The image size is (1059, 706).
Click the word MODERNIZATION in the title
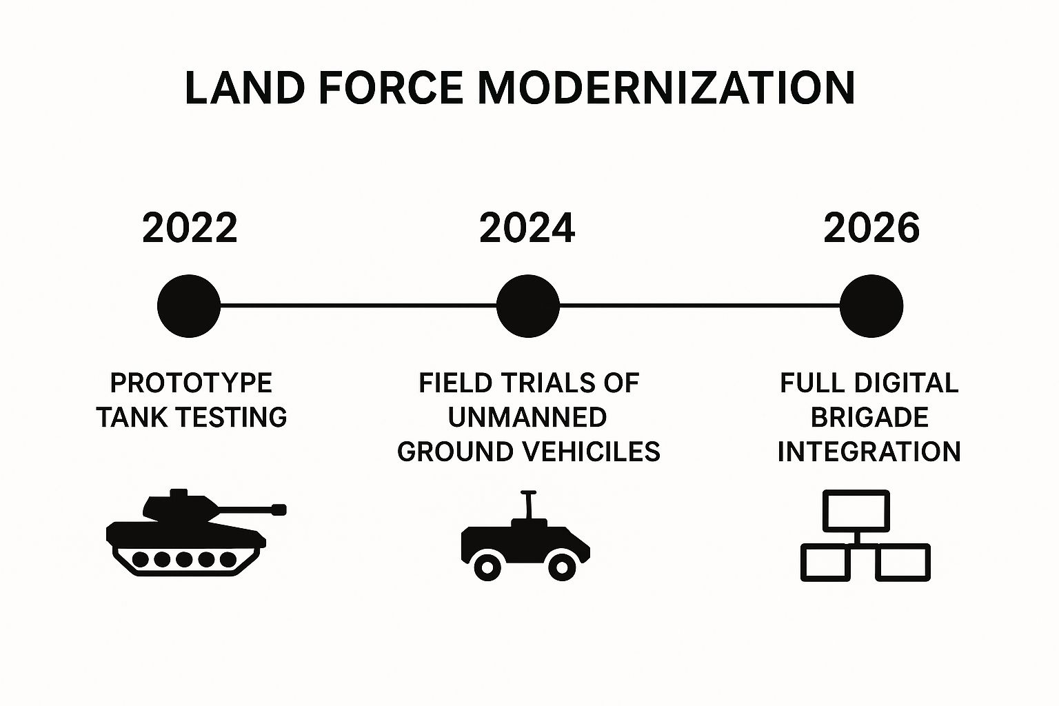tap(666, 88)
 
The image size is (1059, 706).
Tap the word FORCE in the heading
tap(391, 88)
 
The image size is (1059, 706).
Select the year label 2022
tap(190, 228)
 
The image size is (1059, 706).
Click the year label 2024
tap(527, 228)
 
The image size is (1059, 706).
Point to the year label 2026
tap(871, 228)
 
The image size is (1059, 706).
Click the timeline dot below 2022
tap(189, 306)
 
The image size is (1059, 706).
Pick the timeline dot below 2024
tap(528, 306)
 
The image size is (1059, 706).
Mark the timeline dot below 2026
tap(871, 306)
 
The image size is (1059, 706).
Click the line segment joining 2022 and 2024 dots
tap(359, 306)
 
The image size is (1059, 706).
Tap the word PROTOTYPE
tap(192, 383)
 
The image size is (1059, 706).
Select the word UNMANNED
tap(527, 418)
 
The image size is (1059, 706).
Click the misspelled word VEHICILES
tap(592, 452)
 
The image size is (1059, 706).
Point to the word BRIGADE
tap(869, 418)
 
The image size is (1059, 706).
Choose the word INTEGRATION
tap(869, 452)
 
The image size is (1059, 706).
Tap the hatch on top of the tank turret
tap(179, 493)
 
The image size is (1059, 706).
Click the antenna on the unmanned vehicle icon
tap(528, 505)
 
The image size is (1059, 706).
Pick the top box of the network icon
tap(856, 511)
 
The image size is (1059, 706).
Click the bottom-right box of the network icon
tap(902, 563)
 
